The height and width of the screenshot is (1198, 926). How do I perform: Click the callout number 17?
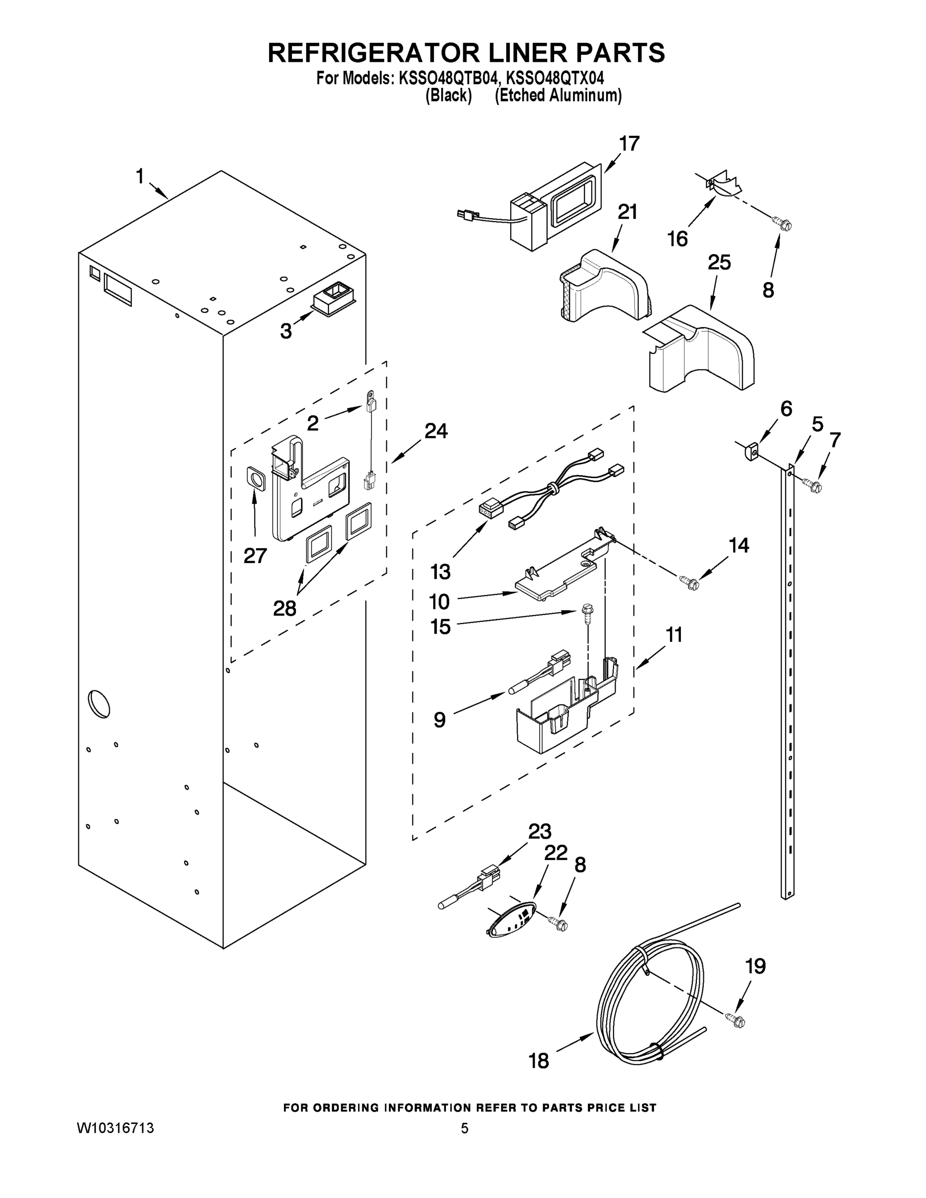[629, 144]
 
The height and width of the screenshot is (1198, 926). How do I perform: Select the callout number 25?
[719, 263]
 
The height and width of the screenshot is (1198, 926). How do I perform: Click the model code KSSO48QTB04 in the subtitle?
[448, 78]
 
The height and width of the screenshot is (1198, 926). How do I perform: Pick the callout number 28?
[285, 608]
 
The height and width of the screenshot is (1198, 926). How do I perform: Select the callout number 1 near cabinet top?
[140, 177]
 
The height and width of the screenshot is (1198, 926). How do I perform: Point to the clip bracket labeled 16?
[721, 185]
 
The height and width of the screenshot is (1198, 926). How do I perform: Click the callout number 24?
[436, 431]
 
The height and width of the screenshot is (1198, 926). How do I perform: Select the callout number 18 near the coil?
[538, 1061]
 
